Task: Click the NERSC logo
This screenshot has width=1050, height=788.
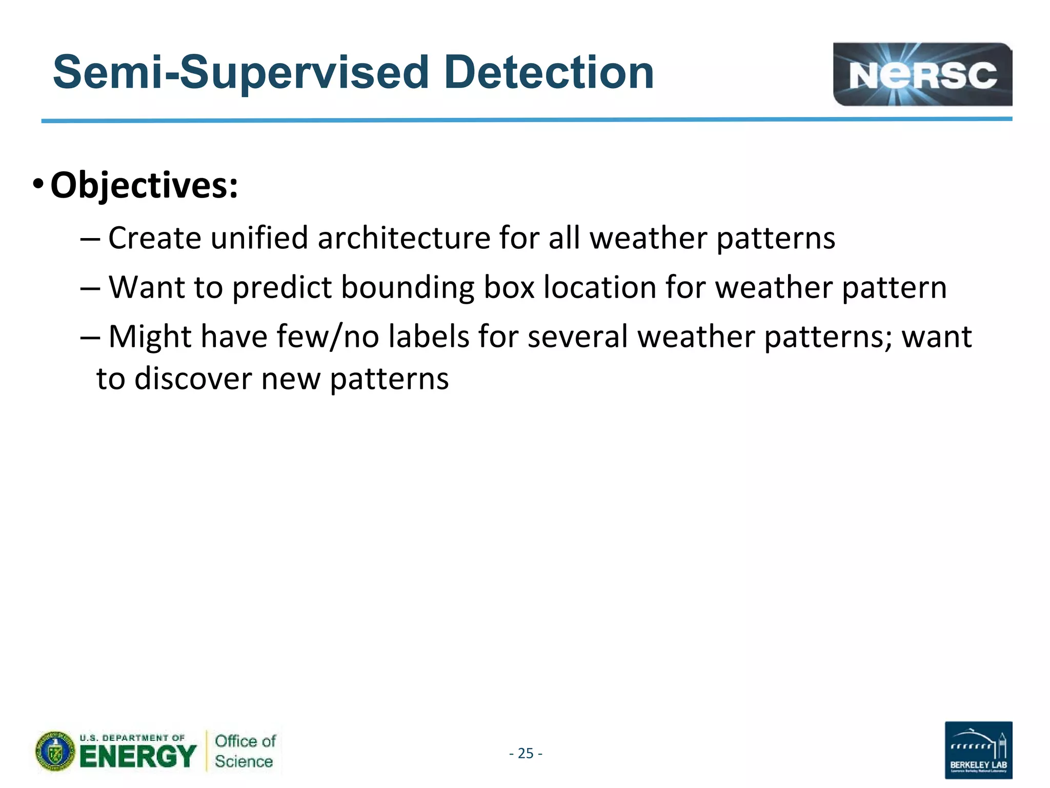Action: pyautogui.click(x=922, y=74)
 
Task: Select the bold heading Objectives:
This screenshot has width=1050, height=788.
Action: pyautogui.click(x=144, y=185)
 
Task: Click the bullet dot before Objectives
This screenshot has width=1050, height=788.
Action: pyautogui.click(x=38, y=184)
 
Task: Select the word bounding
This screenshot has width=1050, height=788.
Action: pyautogui.click(x=408, y=287)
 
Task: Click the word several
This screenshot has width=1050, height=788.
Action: pyautogui.click(x=577, y=337)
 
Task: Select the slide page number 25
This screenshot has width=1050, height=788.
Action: pyautogui.click(x=526, y=753)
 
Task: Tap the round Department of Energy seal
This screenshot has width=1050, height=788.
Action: pyautogui.click(x=55, y=752)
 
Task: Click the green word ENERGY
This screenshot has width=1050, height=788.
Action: pyautogui.click(x=138, y=757)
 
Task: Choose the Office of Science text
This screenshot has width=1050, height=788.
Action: pyautogui.click(x=245, y=751)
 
